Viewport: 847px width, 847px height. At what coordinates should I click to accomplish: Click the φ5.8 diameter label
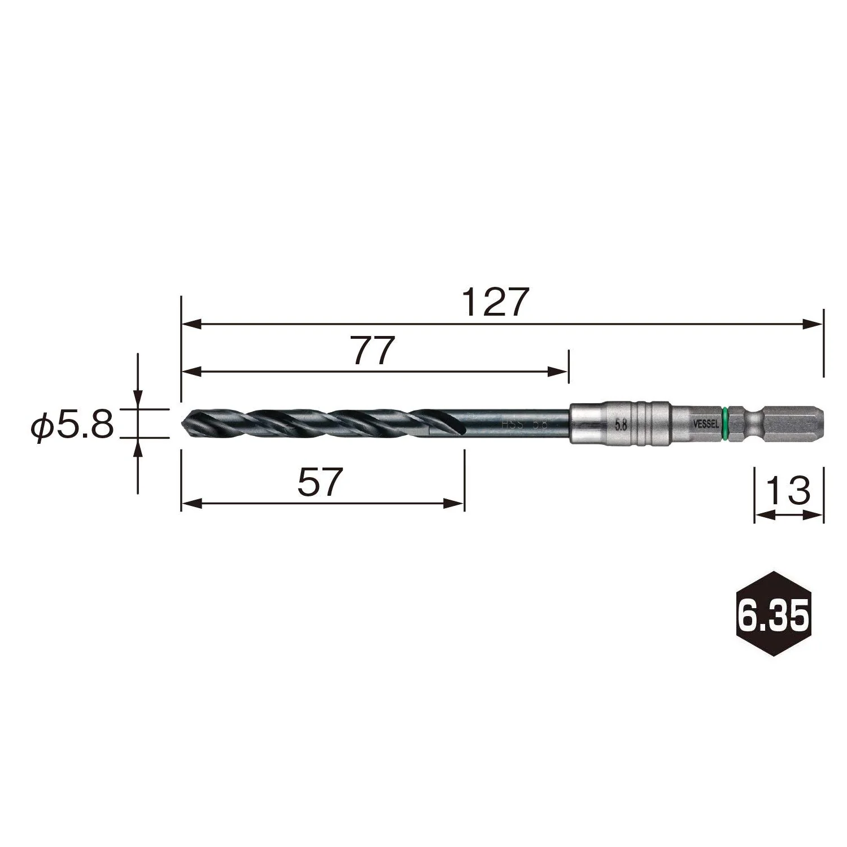72,423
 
